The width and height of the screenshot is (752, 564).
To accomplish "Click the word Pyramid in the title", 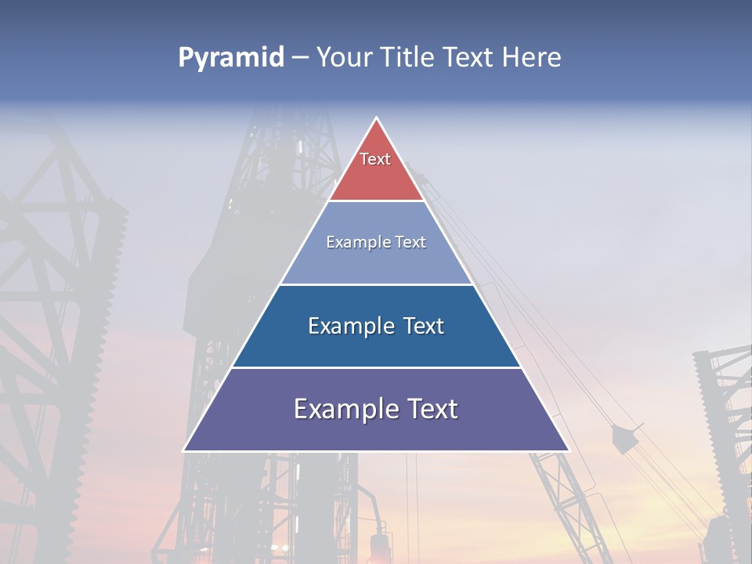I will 230,58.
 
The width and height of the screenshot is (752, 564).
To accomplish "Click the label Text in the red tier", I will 375,159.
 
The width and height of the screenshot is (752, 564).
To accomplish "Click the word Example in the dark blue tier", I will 351,326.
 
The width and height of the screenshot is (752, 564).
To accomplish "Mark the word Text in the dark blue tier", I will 423,326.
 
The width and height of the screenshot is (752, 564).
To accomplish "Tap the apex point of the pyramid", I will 377,119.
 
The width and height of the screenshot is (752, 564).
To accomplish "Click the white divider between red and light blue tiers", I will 376,201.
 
